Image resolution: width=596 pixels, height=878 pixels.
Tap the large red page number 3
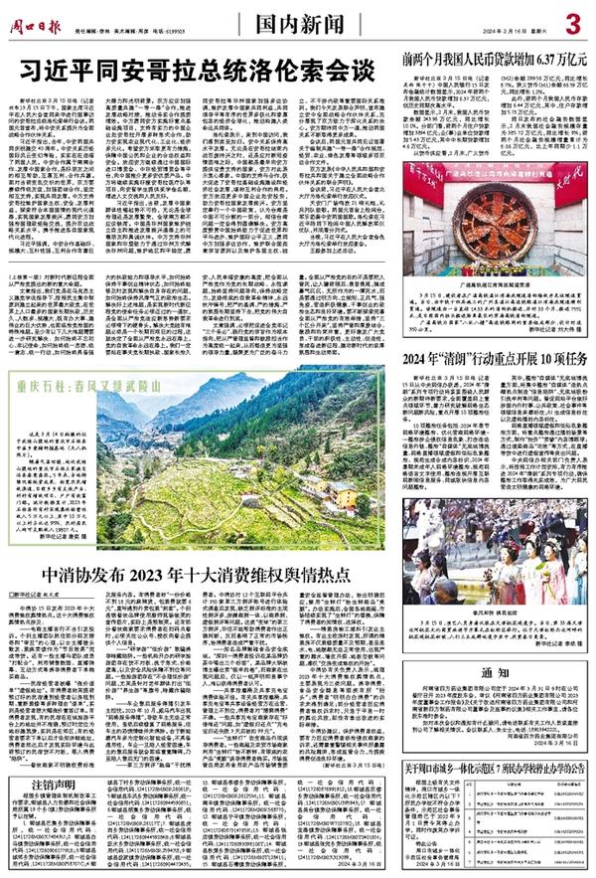point(572,22)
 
